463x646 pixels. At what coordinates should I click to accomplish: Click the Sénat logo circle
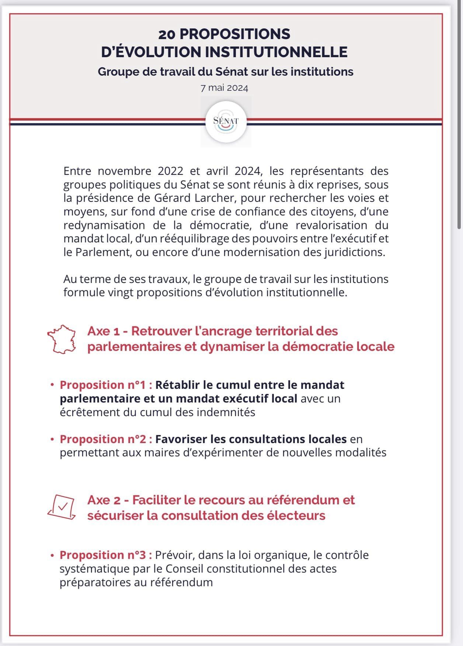point(226,121)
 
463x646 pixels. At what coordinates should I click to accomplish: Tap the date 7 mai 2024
point(224,88)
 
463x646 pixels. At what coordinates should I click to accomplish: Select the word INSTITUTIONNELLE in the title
point(276,52)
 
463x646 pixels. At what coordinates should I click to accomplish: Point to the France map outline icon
point(62,339)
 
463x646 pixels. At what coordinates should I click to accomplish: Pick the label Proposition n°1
point(106,385)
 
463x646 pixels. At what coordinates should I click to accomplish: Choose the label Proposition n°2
point(106,439)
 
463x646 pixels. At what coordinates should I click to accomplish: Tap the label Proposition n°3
point(106,555)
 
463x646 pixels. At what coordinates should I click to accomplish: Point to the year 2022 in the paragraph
point(170,171)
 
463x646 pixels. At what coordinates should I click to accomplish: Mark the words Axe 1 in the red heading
point(104,331)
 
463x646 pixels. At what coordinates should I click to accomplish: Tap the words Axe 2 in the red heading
point(104,500)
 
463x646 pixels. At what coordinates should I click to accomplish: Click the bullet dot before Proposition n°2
point(52,439)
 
